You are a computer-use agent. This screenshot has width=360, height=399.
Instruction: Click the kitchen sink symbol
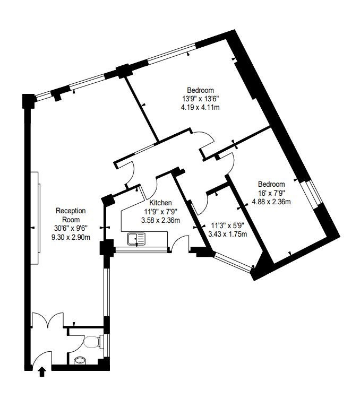click(x=136, y=239)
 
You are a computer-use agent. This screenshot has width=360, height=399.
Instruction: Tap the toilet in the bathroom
click(x=92, y=342)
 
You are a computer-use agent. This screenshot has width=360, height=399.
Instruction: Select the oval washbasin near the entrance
click(x=80, y=360)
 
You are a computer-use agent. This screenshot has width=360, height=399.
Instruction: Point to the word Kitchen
click(x=160, y=203)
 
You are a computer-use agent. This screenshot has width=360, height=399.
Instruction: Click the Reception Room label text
click(x=71, y=215)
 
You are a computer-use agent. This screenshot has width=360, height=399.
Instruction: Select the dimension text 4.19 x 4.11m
click(x=200, y=107)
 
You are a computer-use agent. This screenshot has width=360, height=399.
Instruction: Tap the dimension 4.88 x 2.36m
click(x=271, y=202)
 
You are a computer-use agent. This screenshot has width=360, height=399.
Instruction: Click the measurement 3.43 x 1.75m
click(x=228, y=234)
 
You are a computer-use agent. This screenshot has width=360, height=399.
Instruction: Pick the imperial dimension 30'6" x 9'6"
click(x=71, y=229)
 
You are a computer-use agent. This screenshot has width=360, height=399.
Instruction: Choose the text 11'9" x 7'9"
click(x=160, y=212)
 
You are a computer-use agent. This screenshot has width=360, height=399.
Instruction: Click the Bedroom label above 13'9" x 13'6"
click(x=200, y=90)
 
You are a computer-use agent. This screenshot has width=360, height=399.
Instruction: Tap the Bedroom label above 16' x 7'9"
click(x=271, y=184)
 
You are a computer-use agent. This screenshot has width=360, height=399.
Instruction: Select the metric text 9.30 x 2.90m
click(x=71, y=237)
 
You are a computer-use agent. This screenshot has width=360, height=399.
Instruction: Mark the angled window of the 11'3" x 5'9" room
click(x=234, y=262)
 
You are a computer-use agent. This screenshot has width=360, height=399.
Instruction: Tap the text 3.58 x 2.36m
click(x=160, y=220)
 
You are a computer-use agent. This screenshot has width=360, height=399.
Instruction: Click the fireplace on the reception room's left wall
click(x=35, y=218)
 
